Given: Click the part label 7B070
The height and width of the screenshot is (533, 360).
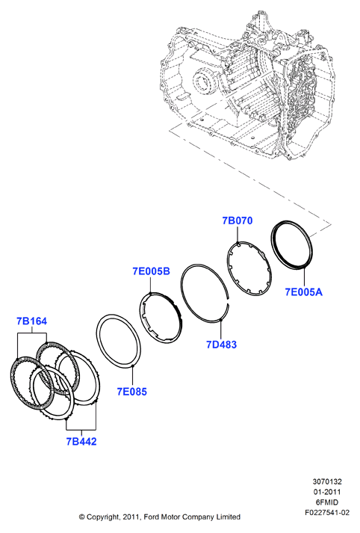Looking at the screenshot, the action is (x=238, y=221).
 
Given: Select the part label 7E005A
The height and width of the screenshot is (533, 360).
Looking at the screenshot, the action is (x=303, y=292).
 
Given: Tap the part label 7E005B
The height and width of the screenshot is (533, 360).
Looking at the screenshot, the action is (x=151, y=271).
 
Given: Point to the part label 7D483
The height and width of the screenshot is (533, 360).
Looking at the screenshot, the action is (x=221, y=345).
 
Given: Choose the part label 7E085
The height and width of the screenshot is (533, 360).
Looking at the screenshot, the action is (x=132, y=392).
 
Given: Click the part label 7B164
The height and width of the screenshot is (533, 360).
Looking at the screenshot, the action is (x=32, y=321).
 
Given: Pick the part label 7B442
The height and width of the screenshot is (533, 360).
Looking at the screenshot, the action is (x=81, y=441).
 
